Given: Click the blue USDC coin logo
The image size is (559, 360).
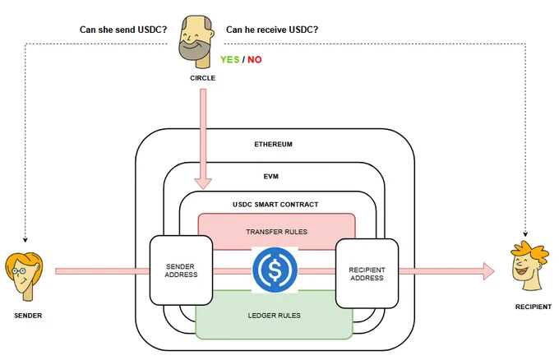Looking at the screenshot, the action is tap(275, 270).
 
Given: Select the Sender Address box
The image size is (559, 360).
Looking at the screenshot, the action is tap(181, 270).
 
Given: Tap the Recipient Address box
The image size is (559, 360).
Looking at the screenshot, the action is tap(367, 274).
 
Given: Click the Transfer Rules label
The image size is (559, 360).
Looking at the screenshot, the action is tap(277, 232).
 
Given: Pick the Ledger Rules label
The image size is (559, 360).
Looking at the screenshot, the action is tap(274, 316).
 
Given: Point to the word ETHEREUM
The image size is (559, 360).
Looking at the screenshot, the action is tap(273, 144).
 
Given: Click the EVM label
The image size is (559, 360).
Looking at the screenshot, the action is tap(271, 176).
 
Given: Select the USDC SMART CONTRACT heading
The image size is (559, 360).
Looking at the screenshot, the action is tap(275, 204).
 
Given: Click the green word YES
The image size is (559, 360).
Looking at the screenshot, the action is tap(229, 59).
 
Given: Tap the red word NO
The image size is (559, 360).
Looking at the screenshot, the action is tap(255, 59).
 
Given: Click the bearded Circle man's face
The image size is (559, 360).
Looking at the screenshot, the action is tap(196, 41).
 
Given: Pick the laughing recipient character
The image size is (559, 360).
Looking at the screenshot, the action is tap(529, 265).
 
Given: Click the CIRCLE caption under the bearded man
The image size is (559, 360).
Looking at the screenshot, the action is tap(202, 78).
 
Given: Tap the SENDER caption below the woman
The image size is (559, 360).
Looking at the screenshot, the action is tap(28, 316).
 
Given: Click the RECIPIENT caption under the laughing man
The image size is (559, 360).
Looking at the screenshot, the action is tap(534, 307).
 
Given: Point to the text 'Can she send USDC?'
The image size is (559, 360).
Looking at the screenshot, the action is tap(123, 30).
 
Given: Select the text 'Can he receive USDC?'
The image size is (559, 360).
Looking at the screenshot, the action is tap(272, 30).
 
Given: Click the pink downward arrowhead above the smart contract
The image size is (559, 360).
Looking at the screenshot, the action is tap(203, 183).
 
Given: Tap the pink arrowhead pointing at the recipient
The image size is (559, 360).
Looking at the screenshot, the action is tap(489, 271).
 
